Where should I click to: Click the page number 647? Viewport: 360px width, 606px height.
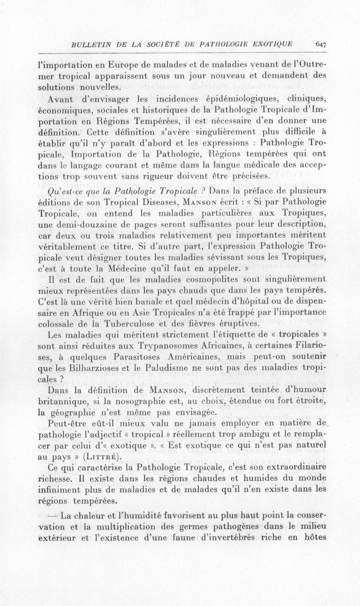321,44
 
